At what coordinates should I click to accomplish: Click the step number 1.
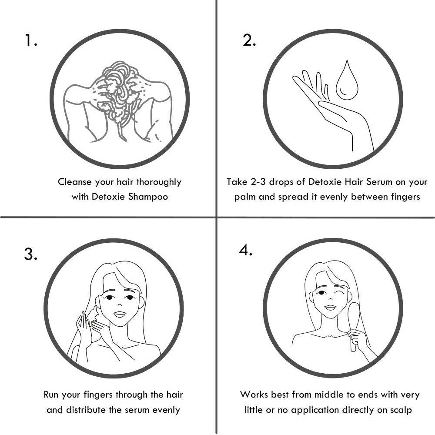pyautogui.click(x=31, y=40)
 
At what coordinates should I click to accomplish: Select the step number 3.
pyautogui.click(x=30, y=254)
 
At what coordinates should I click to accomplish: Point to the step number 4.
pyautogui.click(x=245, y=251)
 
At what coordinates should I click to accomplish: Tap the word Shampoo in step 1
pyautogui.click(x=148, y=197)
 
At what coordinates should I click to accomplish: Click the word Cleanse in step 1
pyautogui.click(x=75, y=182)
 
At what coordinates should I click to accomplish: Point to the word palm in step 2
pyautogui.click(x=245, y=197)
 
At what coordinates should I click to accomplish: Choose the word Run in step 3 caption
pyautogui.click(x=51, y=395)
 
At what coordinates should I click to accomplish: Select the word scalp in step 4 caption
pyautogui.click(x=401, y=410)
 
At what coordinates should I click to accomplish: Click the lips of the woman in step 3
pyautogui.click(x=119, y=315)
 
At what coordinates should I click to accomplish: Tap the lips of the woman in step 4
pyautogui.click(x=330, y=308)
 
